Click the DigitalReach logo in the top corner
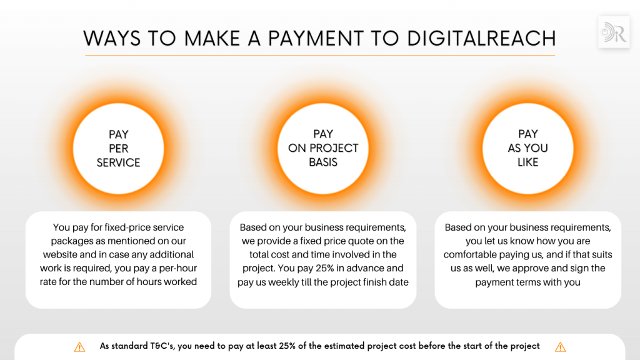pos(613,32)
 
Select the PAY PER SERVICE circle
pos(119,148)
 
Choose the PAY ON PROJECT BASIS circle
pos(323,148)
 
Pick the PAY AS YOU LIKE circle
pos(528,148)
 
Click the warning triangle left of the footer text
pos(79,347)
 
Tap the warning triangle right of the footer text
pos(560,347)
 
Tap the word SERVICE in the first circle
pos(119,162)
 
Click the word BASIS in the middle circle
pos(323,162)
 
